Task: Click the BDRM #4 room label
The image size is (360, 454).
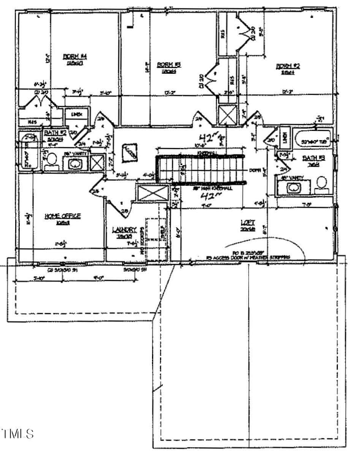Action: (x=75, y=57)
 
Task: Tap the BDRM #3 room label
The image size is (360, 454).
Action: (x=168, y=65)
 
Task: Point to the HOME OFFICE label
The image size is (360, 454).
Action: (x=63, y=216)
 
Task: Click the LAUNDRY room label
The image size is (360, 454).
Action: (x=124, y=229)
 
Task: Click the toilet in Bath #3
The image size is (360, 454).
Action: (x=322, y=184)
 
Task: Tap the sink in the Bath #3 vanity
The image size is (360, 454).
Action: (x=293, y=187)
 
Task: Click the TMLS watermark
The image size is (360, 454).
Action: (x=18, y=433)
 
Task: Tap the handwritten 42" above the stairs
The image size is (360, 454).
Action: (x=208, y=137)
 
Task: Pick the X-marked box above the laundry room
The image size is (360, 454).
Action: (x=152, y=193)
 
